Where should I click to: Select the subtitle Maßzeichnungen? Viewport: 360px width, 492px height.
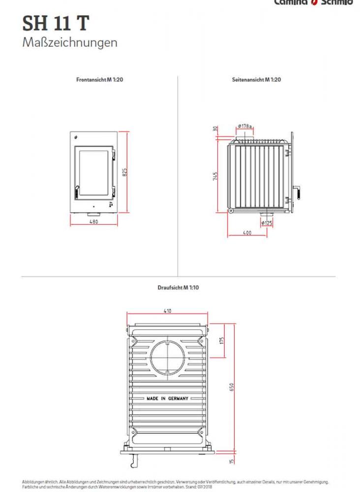click(x=70, y=42)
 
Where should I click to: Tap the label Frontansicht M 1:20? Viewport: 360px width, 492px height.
click(x=99, y=79)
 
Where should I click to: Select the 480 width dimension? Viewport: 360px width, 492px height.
click(x=94, y=222)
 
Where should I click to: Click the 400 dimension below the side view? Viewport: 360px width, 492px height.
click(x=247, y=233)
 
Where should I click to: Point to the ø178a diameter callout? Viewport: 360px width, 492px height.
click(x=244, y=126)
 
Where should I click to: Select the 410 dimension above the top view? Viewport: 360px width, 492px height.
click(x=168, y=311)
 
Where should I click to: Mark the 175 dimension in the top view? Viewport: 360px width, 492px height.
click(x=222, y=340)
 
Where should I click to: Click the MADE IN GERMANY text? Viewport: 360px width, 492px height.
click(x=167, y=399)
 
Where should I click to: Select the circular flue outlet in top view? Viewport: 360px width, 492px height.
click(x=168, y=356)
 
